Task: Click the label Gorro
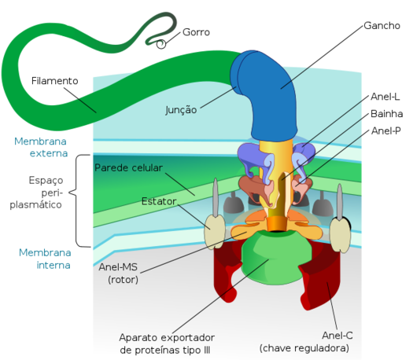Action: coord(196,32)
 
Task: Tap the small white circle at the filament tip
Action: coord(161,44)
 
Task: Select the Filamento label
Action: coord(55,81)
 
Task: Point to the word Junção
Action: coord(181,110)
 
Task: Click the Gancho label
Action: coord(382,26)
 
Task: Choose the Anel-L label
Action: coord(385,97)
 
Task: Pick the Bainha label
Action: coord(387,114)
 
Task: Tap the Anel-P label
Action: coord(386,130)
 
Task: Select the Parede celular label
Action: coord(128,168)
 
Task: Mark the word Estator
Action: coord(159,201)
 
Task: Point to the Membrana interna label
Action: coord(45,259)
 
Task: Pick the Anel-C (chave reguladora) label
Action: coord(304,342)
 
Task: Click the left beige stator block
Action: coord(215,232)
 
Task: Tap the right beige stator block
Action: coord(341,235)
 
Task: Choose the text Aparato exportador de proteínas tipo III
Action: coord(167,344)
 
